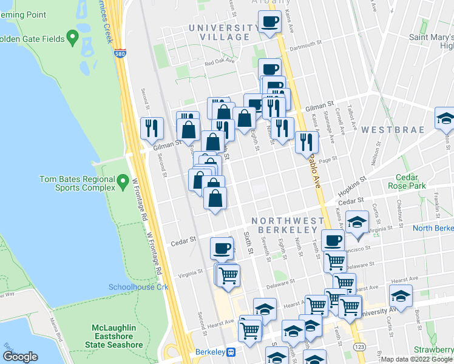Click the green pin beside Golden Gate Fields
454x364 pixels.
point(73,39)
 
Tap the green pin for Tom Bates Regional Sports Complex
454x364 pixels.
point(123,180)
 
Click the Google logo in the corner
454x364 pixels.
point(20,356)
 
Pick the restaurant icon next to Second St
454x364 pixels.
point(152,127)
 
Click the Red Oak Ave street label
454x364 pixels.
point(219,62)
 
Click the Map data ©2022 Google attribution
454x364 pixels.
point(416,359)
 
